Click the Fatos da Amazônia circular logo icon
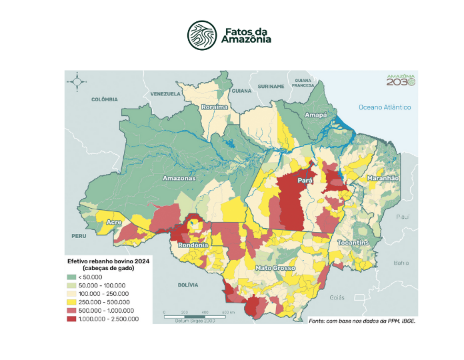[x=201, y=35]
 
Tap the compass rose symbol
[x=77, y=82]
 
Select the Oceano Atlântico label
[x=384, y=107]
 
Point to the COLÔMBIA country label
[x=104, y=99]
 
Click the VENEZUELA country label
[x=166, y=94]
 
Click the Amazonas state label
[x=179, y=179]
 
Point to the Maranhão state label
[x=382, y=178]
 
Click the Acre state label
[x=113, y=222]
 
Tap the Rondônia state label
[x=193, y=245]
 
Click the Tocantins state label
[x=353, y=243]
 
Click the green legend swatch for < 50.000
[x=71, y=277]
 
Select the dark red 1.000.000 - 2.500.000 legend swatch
[x=71, y=319]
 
